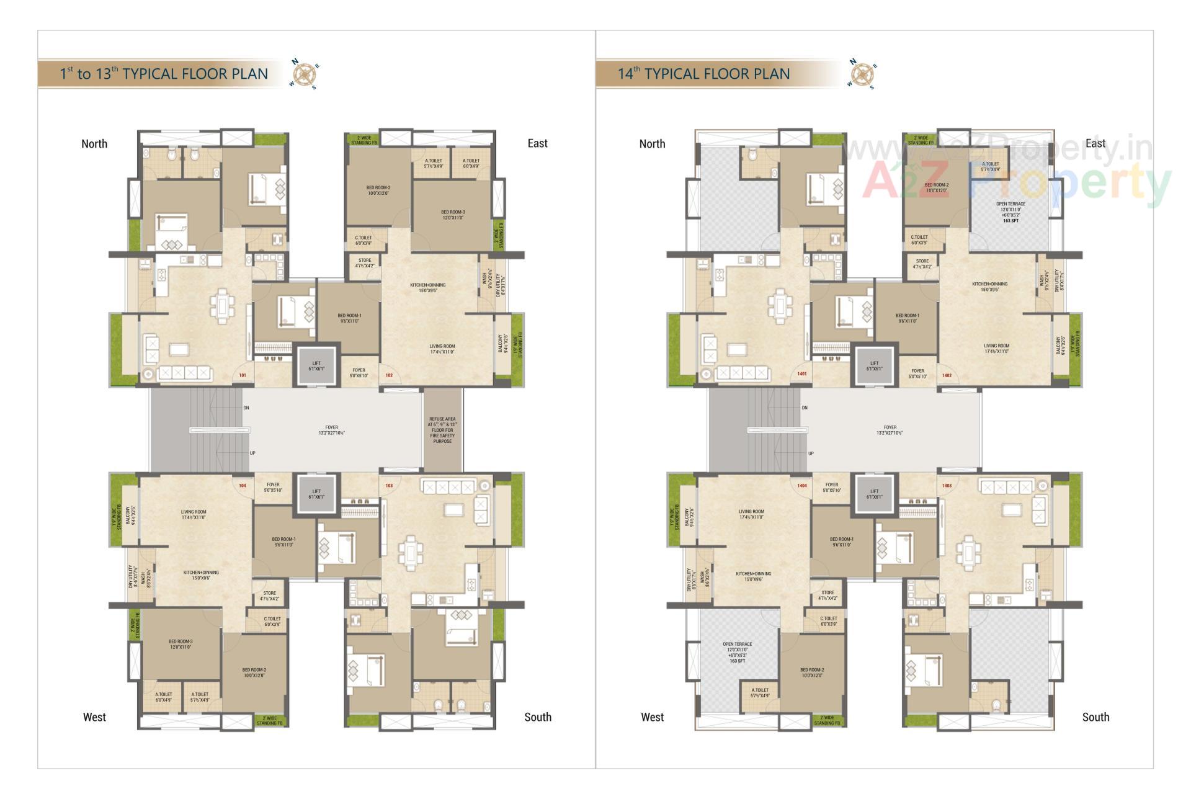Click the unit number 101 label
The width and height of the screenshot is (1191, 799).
(x=243, y=375)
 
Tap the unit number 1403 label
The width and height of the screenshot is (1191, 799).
(x=947, y=486)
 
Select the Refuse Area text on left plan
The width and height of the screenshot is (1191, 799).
(x=442, y=430)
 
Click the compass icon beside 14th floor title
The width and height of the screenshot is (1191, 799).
(x=862, y=74)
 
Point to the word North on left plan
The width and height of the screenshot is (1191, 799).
(x=94, y=144)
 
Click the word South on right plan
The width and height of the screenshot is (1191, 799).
(x=1095, y=717)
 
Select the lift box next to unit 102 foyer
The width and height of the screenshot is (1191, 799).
(x=316, y=366)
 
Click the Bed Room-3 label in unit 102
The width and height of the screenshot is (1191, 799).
(x=453, y=215)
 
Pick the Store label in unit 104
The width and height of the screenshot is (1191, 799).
(x=269, y=596)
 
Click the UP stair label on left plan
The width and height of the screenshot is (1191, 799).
(x=252, y=453)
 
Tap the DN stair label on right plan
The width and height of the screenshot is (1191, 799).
(x=805, y=408)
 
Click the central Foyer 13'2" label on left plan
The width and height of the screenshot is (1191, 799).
(x=332, y=430)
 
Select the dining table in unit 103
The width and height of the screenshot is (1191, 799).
(x=409, y=552)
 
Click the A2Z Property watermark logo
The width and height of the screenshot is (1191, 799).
(x=1017, y=180)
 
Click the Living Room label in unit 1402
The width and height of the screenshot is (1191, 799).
(x=996, y=349)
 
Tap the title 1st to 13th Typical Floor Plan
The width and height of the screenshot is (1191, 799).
(x=164, y=74)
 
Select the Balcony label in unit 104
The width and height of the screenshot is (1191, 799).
(x=132, y=516)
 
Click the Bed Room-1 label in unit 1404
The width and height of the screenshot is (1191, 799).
(x=842, y=542)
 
